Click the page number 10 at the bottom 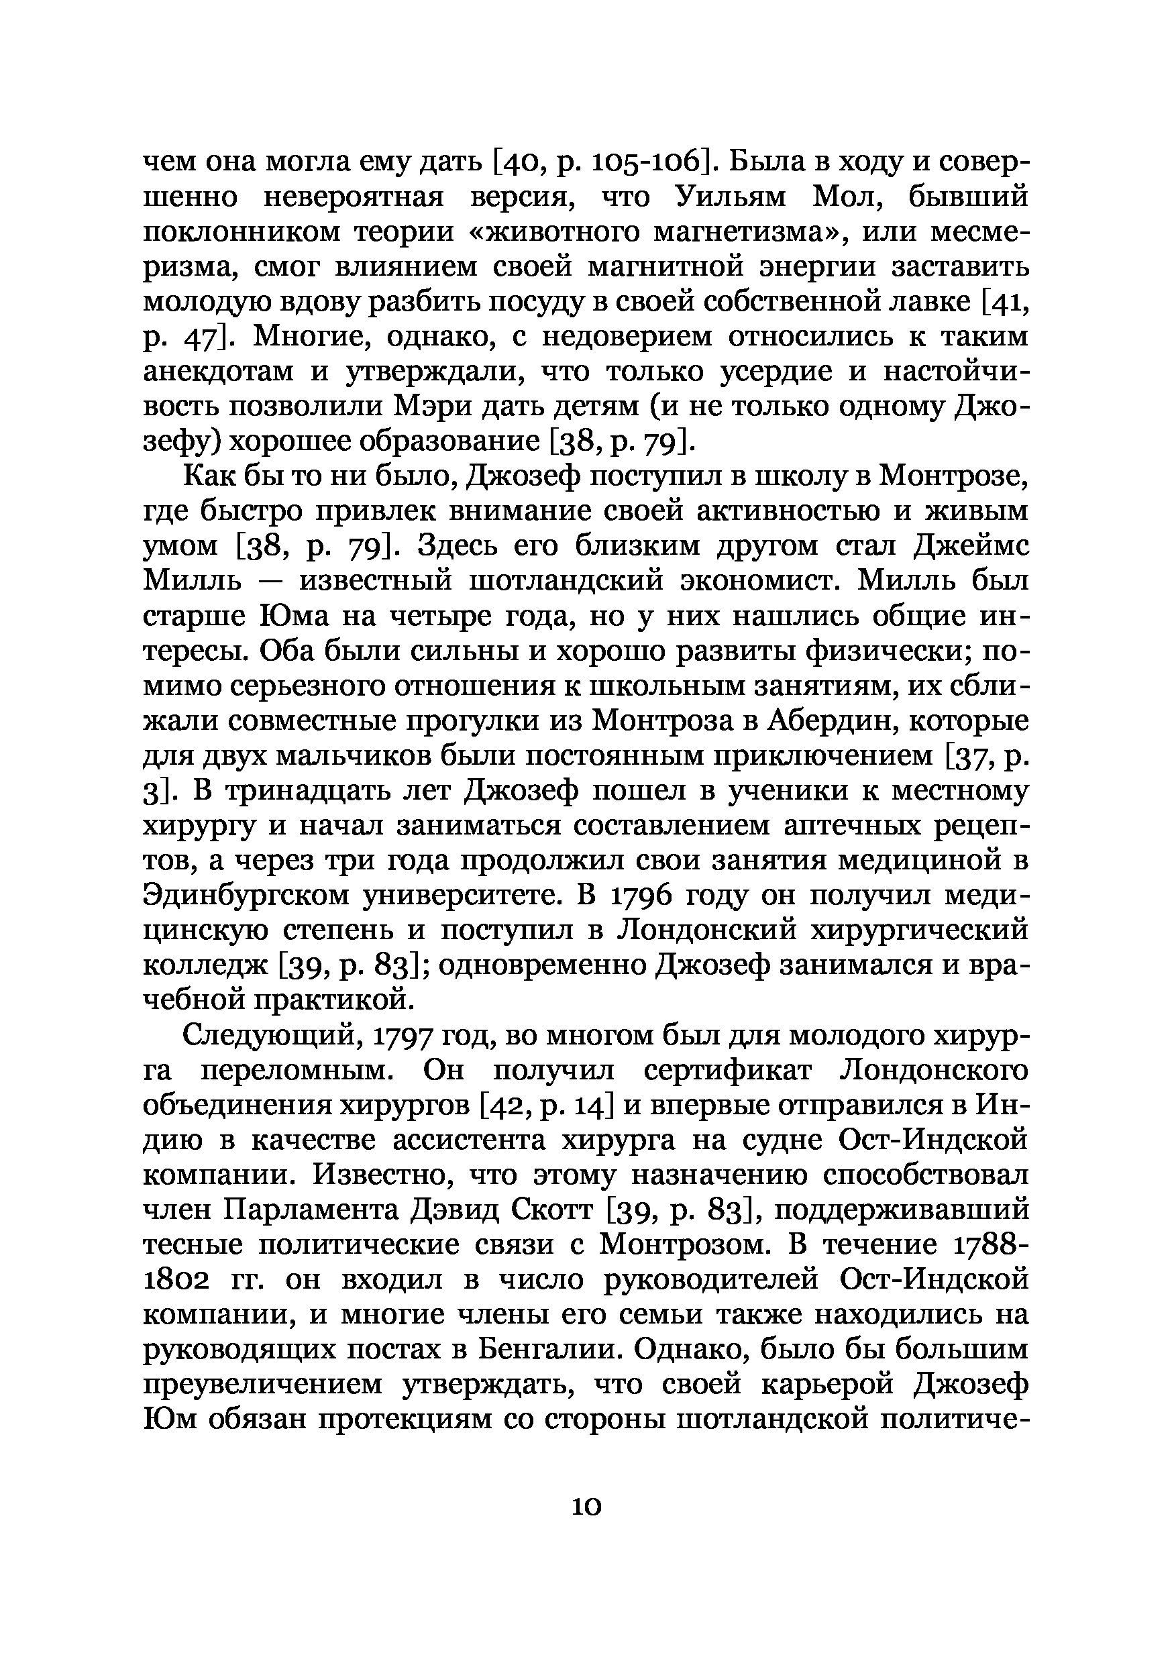(x=586, y=1507)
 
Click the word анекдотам (x=218, y=372)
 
